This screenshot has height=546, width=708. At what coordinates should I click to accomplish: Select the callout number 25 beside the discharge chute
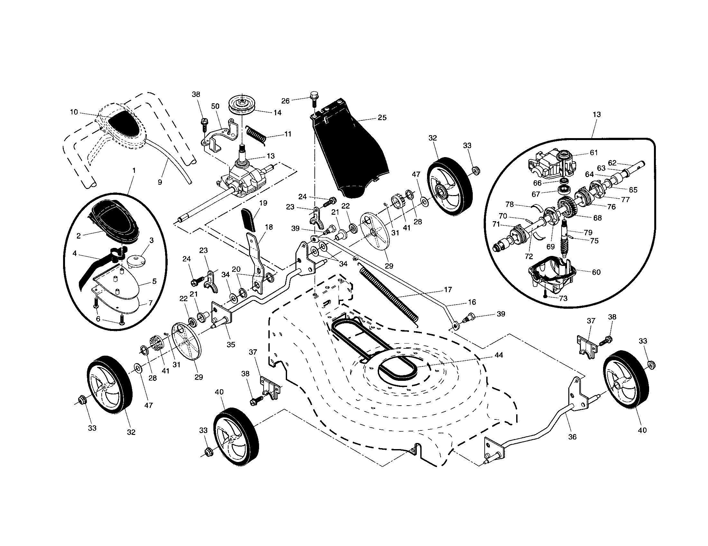pos(382,118)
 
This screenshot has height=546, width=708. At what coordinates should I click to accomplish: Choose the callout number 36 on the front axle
pos(573,437)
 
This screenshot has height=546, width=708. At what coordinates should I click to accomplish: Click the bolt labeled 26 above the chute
pos(314,97)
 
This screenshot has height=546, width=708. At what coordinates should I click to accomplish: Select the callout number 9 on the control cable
pos(160,182)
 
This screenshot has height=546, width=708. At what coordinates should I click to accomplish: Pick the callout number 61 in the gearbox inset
pos(593,152)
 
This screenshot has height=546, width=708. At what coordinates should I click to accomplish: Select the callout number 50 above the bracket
pos(215,106)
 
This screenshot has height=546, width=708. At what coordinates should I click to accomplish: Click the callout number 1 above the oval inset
pos(134,170)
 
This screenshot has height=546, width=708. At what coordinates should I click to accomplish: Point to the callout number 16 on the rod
pos(472,302)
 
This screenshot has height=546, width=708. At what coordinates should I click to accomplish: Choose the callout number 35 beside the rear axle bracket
pos(231,345)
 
